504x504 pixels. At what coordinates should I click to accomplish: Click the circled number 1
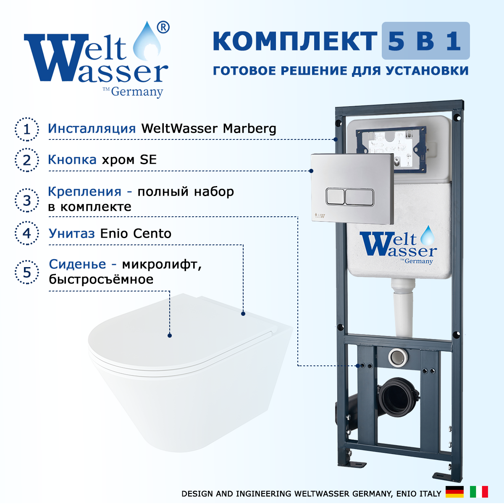coord(27,129)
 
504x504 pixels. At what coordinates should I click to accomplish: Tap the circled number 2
coord(27,160)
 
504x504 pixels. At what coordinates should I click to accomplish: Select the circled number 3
coord(27,201)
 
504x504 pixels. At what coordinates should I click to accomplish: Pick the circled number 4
coord(27,233)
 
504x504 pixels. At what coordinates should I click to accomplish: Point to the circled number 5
coord(27,272)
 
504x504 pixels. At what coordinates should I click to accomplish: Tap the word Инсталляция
coord(92,129)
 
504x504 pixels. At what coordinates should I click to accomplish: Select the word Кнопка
coord(72,160)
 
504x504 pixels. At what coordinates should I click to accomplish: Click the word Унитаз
coord(72,234)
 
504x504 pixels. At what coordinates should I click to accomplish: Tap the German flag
coord(455,492)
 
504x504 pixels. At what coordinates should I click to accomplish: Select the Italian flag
coord(479,492)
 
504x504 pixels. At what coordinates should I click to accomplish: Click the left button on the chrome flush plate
coord(335,197)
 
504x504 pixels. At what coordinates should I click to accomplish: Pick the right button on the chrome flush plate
coord(360,197)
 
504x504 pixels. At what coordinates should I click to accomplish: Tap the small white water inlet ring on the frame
coord(398,357)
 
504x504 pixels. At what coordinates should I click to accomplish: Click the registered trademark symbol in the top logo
coord(163,27)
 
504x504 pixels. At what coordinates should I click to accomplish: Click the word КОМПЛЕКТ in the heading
coord(295,41)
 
